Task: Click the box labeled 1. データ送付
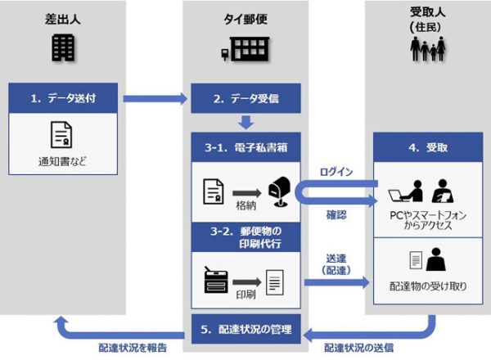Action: (65, 98)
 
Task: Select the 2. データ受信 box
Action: (245, 98)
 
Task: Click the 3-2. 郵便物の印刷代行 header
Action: (245, 236)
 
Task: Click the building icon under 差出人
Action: (63, 49)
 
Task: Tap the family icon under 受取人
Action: (428, 51)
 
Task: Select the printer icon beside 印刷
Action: (216, 281)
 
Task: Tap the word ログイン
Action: (336, 171)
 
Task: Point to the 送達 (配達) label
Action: (336, 263)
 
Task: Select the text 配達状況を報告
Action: (132, 347)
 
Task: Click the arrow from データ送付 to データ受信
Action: (155, 99)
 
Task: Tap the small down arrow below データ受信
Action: (245, 122)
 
